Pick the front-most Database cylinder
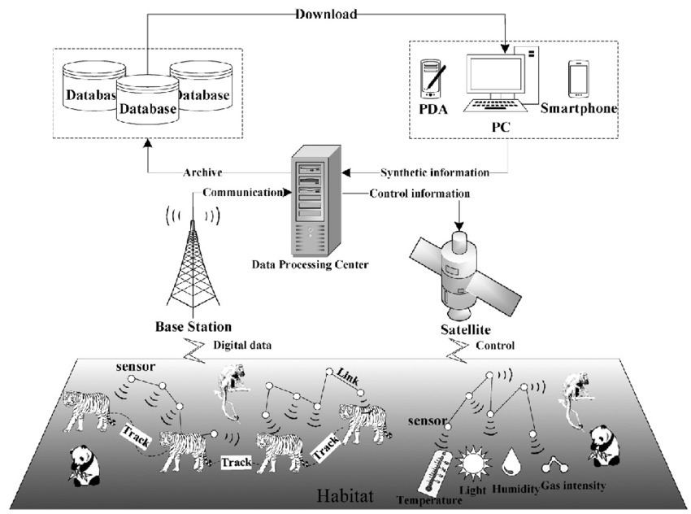click(x=146, y=102)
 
